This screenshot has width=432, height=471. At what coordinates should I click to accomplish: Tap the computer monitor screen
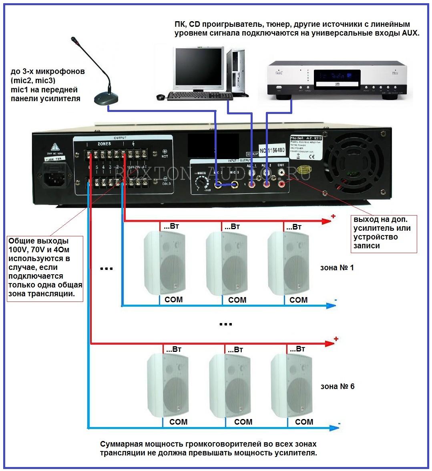click(199, 67)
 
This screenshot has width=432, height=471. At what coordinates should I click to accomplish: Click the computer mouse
click(160, 97)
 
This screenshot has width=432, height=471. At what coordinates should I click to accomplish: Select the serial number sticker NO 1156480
click(272, 151)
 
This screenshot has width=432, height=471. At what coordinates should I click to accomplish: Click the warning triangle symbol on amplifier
click(55, 147)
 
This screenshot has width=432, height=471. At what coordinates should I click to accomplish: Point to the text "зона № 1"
click(337, 268)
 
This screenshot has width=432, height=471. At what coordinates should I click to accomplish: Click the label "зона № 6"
click(337, 387)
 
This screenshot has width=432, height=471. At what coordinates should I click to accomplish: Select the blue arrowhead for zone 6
click(334, 428)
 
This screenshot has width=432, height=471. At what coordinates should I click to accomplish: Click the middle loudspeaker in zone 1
click(227, 263)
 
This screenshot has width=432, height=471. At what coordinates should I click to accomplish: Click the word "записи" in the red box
click(366, 246)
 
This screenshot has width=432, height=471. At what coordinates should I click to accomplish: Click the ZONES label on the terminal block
click(104, 144)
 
